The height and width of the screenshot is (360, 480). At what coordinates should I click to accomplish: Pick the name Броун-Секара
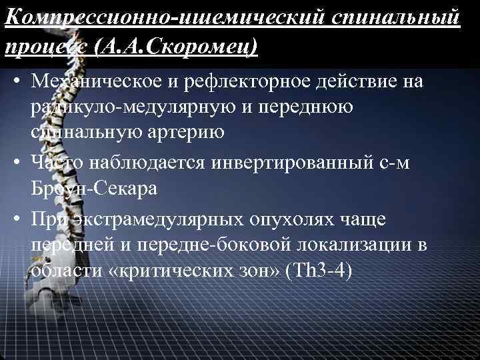coord(94,187)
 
